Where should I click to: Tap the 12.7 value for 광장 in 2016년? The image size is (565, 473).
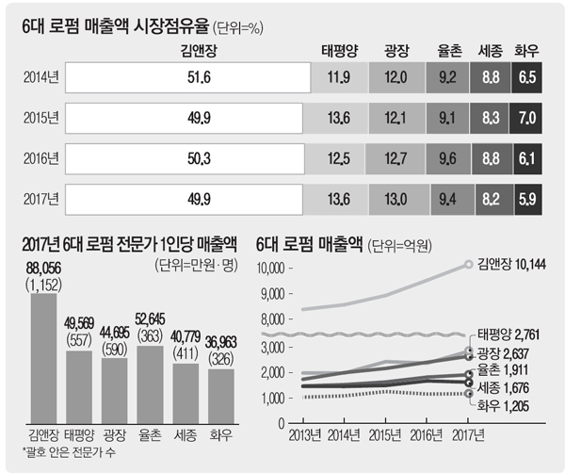397,158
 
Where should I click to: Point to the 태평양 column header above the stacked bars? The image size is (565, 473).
336,48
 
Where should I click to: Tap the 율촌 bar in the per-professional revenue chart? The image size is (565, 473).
151,384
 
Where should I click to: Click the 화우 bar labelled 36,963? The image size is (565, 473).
220,396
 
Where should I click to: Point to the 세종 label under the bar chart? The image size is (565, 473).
186,434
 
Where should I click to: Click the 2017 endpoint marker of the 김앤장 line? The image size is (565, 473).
468,265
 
